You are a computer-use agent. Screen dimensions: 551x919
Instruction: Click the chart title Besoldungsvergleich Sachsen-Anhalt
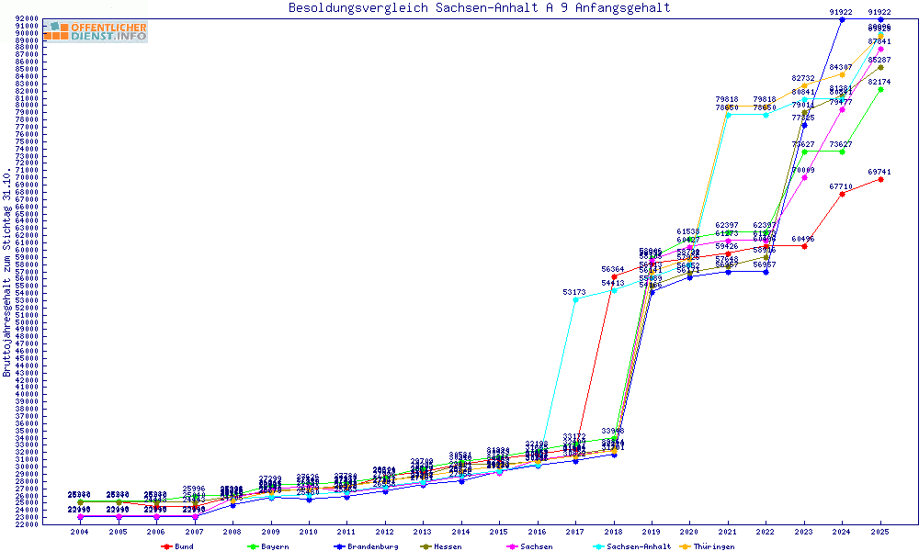click(479, 8)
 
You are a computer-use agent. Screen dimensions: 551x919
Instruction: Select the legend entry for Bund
click(178, 546)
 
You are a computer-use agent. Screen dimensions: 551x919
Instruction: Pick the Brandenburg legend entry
click(367, 546)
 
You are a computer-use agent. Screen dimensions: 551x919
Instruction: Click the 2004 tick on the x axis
click(80, 532)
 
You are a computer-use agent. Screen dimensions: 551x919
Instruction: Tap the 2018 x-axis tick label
click(614, 532)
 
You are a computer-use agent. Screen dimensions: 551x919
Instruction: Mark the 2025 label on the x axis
click(880, 532)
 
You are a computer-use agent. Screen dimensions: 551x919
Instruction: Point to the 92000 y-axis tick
click(26, 19)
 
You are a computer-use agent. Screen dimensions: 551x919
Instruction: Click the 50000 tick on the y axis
click(26, 322)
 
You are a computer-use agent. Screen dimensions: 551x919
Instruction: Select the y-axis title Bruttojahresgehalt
click(7, 272)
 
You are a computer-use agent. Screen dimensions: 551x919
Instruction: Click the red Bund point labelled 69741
click(880, 179)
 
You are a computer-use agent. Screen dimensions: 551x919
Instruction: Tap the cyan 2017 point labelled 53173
click(575, 299)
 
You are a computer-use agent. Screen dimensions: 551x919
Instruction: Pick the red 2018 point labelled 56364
click(614, 276)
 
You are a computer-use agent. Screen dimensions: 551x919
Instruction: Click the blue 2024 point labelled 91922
click(842, 19)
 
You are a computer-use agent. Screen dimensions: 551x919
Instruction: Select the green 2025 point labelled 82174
click(880, 90)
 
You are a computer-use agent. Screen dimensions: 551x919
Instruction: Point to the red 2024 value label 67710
click(841, 186)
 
